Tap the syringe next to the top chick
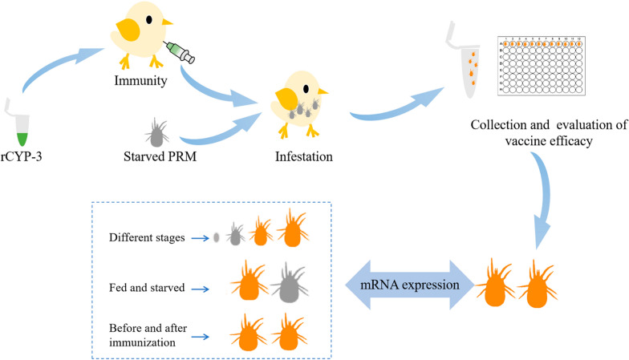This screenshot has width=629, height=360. [180, 51]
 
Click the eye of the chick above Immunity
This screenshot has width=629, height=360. [149, 19]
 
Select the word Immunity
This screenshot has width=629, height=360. [141, 80]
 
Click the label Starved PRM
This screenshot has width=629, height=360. [160, 156]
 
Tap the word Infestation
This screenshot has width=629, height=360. [303, 156]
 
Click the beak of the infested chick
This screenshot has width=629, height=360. [323, 92]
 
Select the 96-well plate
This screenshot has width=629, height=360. [542, 66]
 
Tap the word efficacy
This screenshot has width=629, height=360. [572, 141]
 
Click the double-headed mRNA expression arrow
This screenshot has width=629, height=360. [409, 285]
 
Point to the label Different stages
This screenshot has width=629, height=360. [147, 237]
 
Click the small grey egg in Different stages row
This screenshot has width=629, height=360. [217, 237]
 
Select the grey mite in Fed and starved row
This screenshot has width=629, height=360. [290, 283]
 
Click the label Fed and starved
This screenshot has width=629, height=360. [147, 287]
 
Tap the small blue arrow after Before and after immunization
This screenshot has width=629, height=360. [201, 337]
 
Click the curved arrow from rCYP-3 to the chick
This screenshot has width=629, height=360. [56, 64]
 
